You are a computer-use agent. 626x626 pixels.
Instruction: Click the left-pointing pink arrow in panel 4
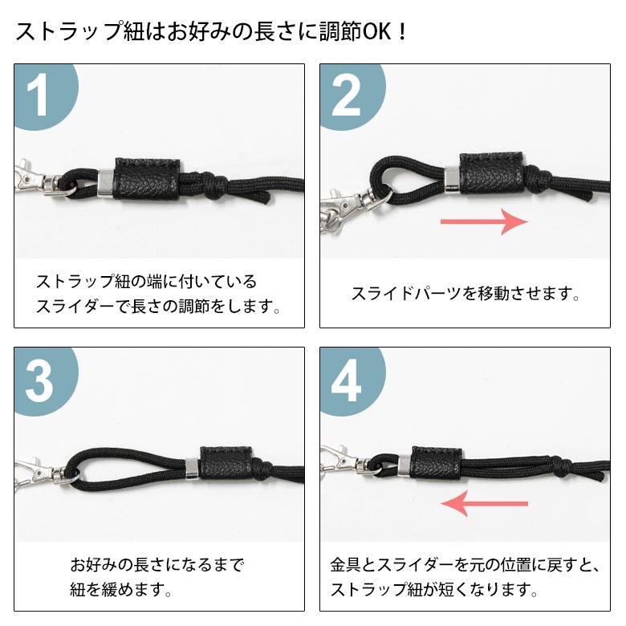coord(486,504)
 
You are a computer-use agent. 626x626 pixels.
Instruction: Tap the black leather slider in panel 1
coord(146,177)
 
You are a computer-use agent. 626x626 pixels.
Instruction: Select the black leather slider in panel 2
coord(490,172)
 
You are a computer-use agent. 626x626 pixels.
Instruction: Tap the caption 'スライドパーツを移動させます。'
coord(465,294)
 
